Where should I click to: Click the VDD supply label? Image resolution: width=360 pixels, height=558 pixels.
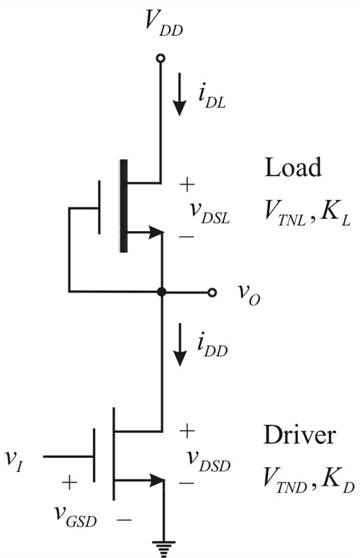164,25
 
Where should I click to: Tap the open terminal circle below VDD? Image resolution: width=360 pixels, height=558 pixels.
160,58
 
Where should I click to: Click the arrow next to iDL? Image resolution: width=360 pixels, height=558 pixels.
180,95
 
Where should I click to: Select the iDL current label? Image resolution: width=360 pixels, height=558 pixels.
212,97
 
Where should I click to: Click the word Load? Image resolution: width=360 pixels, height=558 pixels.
293,167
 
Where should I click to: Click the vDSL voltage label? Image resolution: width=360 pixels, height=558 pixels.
210,212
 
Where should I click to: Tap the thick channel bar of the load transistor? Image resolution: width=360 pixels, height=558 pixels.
124,206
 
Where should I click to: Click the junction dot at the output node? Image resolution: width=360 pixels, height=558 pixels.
162,292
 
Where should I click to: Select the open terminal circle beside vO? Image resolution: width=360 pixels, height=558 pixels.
212,293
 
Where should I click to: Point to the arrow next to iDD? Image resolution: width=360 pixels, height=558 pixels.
180,345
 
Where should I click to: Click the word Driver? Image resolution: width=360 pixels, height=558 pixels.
300,435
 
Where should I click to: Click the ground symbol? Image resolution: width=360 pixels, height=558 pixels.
164,549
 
